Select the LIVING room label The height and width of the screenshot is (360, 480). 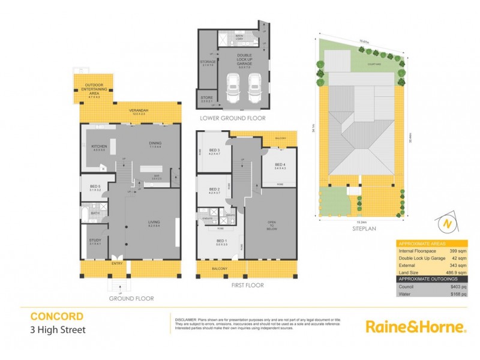pos(155,223)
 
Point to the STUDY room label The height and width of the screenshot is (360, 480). pos(95,241)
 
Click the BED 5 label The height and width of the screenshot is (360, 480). pos(95,187)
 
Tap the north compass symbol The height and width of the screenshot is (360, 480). pos(446,223)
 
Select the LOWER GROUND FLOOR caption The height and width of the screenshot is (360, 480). pos(233,118)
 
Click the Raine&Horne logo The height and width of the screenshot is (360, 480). pos(416,327)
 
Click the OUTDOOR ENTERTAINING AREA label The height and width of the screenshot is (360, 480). pos(95,88)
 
